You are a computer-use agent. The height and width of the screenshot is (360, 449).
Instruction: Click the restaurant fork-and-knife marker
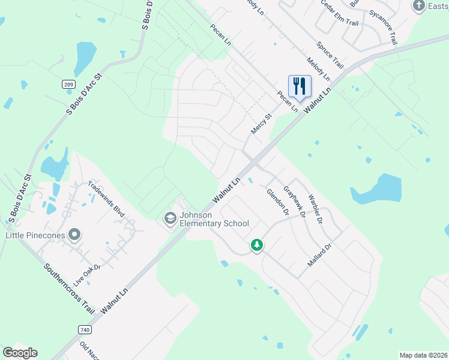tap(300, 85)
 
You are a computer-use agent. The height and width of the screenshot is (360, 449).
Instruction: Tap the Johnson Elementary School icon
tap(170, 219)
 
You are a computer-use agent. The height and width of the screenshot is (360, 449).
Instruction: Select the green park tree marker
tap(257, 245)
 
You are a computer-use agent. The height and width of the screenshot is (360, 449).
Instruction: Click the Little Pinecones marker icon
tap(74, 235)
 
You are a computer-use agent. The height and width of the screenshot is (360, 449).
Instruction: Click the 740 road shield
tap(84, 329)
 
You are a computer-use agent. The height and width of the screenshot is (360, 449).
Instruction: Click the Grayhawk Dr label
tap(295, 200)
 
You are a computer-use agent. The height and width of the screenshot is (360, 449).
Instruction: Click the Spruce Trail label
tap(330, 55)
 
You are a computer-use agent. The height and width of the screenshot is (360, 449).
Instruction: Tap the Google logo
tap(20, 353)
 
